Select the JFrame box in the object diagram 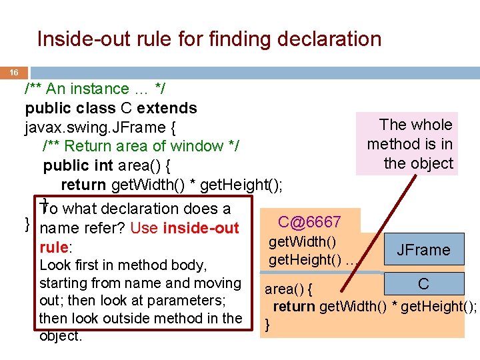click(423, 250)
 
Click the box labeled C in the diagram click(423, 284)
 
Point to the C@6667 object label click(309, 222)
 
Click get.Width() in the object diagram click(302, 241)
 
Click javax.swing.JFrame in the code click(93, 127)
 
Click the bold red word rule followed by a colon click(53, 247)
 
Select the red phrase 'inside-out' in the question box click(201, 228)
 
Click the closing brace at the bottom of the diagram click(268, 325)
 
